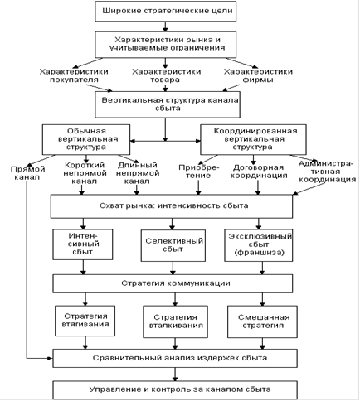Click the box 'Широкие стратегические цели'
(165, 11)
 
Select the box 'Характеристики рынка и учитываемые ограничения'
(165, 44)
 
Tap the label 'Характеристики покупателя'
(74, 75)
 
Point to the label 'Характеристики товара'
(166, 75)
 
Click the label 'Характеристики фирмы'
(258, 75)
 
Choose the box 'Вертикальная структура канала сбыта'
(168, 104)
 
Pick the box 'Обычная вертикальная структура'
(86, 139)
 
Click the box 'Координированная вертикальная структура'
(253, 139)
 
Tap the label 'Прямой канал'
(27, 173)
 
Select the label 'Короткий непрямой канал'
(85, 173)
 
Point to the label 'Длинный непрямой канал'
(138, 173)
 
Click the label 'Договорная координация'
(259, 172)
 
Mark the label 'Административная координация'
(327, 172)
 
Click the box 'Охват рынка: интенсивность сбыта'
(172, 206)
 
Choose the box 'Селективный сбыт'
(173, 245)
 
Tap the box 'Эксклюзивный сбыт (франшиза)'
(258, 245)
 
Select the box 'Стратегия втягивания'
(85, 321)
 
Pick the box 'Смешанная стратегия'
(262, 321)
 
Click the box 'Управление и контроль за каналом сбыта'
(175, 390)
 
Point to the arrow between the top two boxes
(165, 27)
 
